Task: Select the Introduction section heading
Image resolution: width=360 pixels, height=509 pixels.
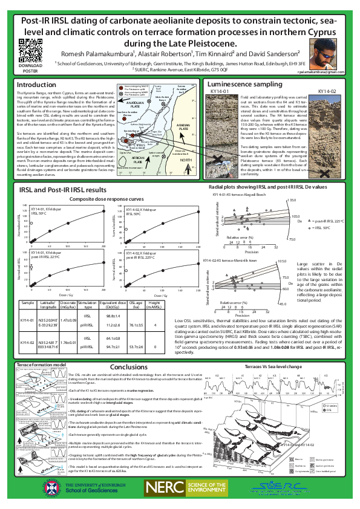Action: [x=36, y=85]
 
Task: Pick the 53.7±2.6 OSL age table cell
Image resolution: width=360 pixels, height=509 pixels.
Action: [x=136, y=348]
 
